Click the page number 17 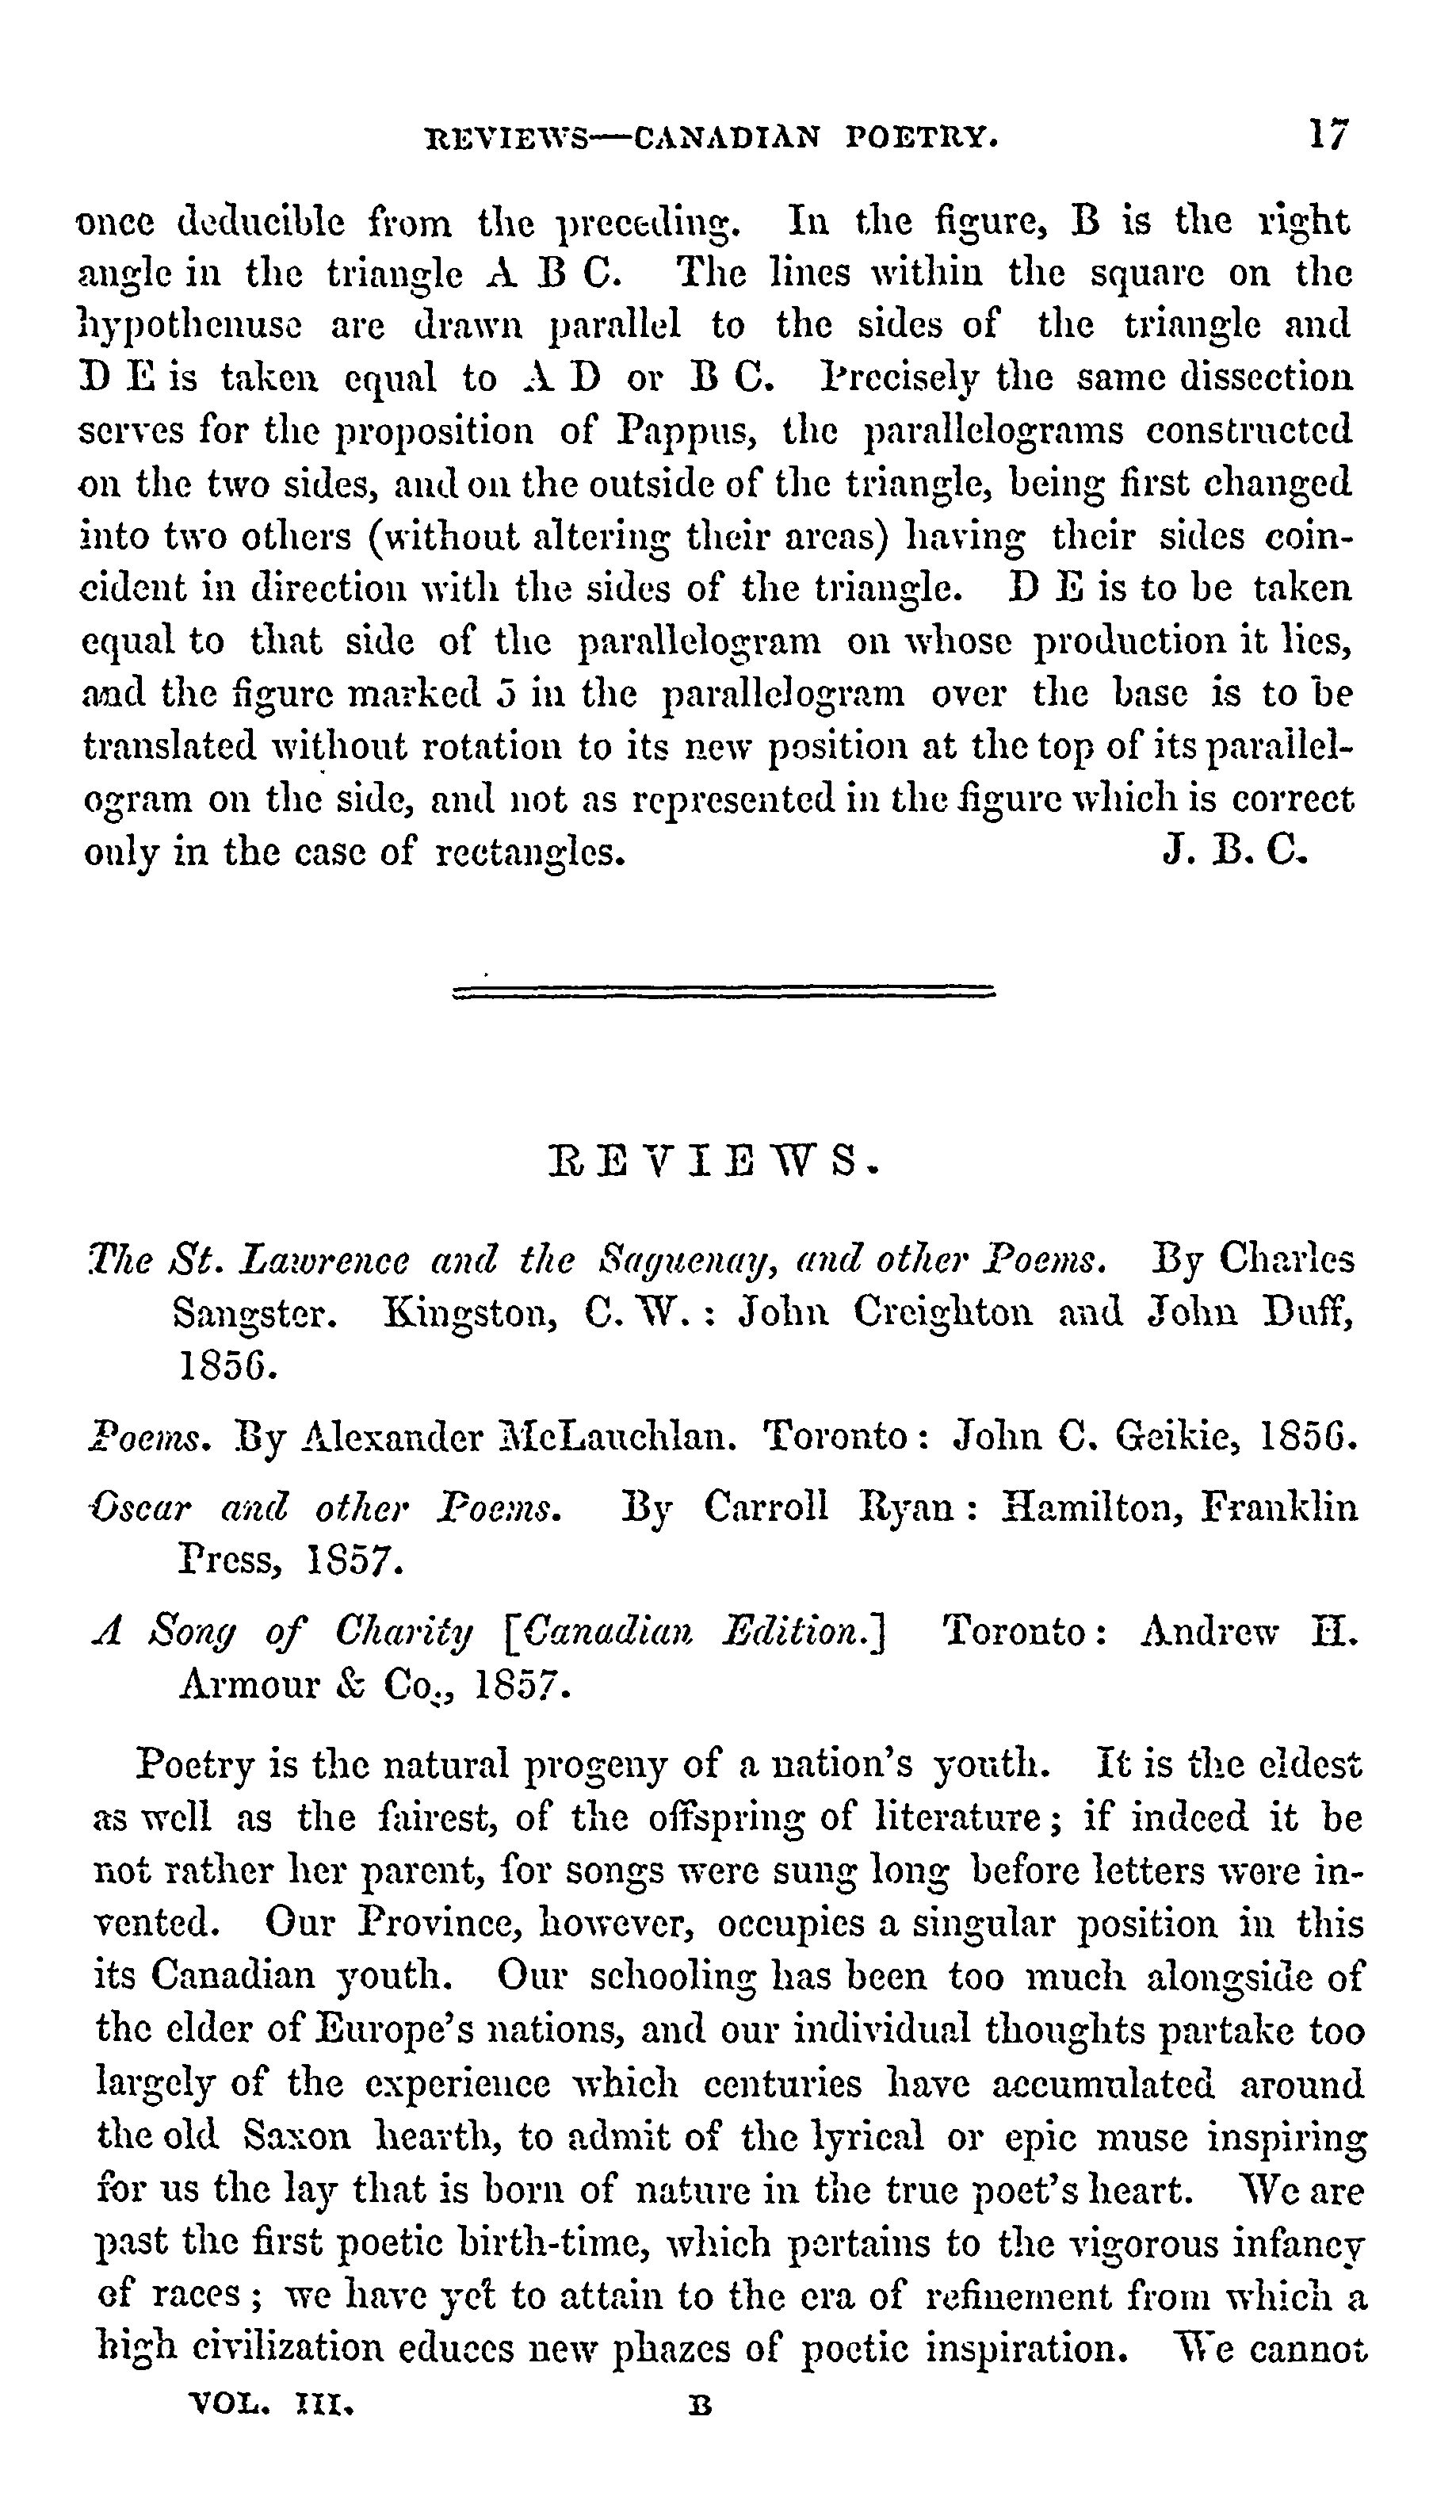(x=1328, y=135)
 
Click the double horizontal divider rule (x=723, y=990)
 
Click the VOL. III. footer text (x=271, y=2405)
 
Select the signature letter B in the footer (x=701, y=2406)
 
